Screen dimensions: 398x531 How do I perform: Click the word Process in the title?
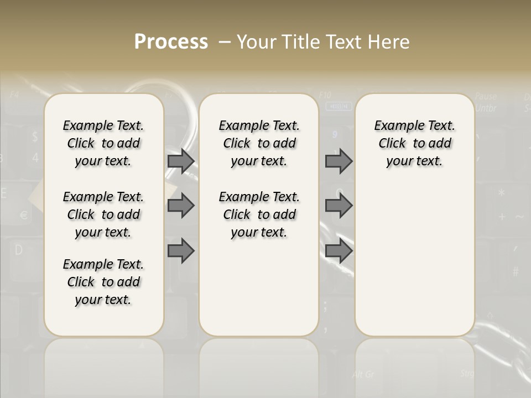[x=171, y=42]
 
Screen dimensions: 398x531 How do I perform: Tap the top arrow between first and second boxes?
[x=181, y=161]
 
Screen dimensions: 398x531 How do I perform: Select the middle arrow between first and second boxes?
[x=181, y=206]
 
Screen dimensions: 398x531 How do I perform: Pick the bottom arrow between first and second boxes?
[x=181, y=251]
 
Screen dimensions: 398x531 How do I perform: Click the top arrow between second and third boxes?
[x=339, y=161]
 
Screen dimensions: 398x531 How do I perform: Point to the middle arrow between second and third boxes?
[x=339, y=206]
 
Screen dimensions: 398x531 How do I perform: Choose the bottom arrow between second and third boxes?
[x=339, y=251]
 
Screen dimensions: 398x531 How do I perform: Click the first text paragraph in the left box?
[x=103, y=143]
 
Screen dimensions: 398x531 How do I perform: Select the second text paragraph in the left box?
[x=103, y=214]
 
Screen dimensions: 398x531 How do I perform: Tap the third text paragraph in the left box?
[x=103, y=282]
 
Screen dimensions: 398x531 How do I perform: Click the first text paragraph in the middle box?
[x=259, y=143]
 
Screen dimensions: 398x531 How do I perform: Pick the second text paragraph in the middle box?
[x=259, y=214]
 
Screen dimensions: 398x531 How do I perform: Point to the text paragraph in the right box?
[x=414, y=143]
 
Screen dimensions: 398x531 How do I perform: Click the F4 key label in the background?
[x=14, y=95]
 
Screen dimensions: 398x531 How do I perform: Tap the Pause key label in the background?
[x=486, y=97]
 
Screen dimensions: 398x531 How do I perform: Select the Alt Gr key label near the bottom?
[x=363, y=375]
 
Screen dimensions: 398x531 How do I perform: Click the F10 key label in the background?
[x=325, y=95]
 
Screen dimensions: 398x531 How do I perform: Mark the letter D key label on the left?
[x=18, y=250]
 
